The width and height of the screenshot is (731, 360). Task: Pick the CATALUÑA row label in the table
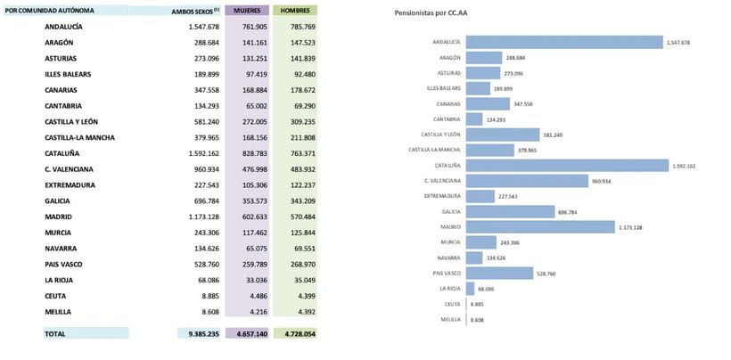(63, 153)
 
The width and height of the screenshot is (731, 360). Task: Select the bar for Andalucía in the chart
(564, 42)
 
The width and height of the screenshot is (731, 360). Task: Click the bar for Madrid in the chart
(540, 226)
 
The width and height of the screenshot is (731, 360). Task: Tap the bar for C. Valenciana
(526, 180)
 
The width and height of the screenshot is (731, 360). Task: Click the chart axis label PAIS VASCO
(446, 273)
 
